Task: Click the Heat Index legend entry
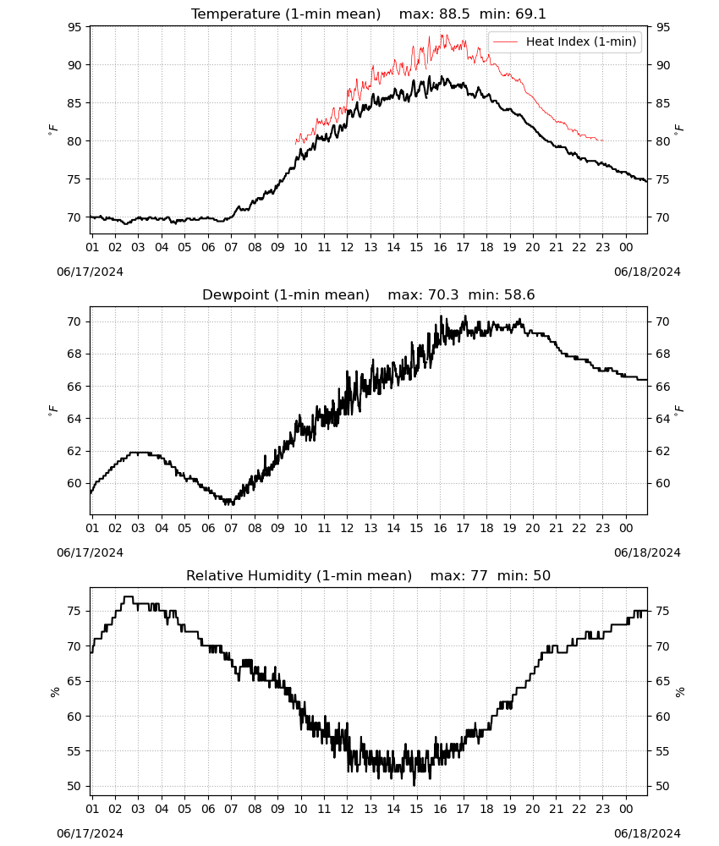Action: pyautogui.click(x=564, y=41)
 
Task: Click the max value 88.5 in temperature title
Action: pyautogui.click(x=454, y=14)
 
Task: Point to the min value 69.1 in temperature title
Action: pyautogui.click(x=530, y=14)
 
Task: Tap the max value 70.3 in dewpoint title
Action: pyautogui.click(x=443, y=295)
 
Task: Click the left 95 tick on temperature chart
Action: pyautogui.click(x=74, y=27)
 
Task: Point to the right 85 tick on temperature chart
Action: pyautogui.click(x=663, y=103)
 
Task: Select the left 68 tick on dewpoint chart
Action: pyautogui.click(x=74, y=354)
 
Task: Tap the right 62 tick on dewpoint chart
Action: pyautogui.click(x=663, y=451)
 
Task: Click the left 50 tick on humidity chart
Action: pyautogui.click(x=74, y=786)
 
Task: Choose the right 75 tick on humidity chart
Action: pyautogui.click(x=663, y=612)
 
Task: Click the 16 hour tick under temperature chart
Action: pyautogui.click(x=440, y=247)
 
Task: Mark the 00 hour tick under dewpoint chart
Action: pyautogui.click(x=626, y=528)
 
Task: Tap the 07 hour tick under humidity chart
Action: pyautogui.click(x=231, y=809)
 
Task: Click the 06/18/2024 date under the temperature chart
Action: pyautogui.click(x=647, y=272)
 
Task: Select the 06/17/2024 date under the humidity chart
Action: pyautogui.click(x=90, y=833)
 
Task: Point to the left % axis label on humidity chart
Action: pyautogui.click(x=54, y=692)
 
